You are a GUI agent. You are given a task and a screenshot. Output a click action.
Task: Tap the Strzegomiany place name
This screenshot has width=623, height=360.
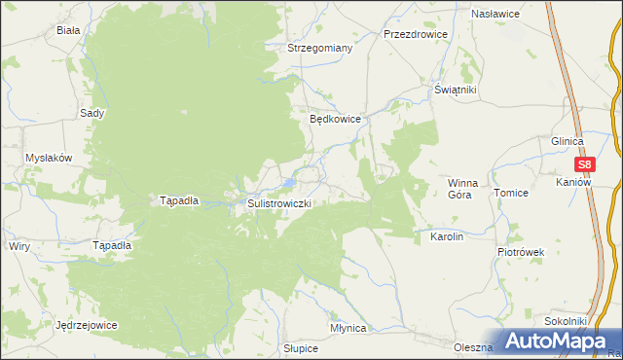[319, 47]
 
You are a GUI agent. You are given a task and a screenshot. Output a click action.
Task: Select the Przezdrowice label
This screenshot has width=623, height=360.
[415, 33]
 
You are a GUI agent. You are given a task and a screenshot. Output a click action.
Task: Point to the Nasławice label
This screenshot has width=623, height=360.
[495, 15]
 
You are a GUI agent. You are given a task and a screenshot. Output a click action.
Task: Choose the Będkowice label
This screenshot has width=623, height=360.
[335, 119]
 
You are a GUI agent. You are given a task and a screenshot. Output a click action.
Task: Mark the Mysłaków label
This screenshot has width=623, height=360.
[49, 158]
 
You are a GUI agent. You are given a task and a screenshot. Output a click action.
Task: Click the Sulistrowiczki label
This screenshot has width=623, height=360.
[278, 203]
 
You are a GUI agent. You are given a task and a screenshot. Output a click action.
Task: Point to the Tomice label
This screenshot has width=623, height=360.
[510, 193]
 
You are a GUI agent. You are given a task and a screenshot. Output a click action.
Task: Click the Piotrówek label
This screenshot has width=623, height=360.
[521, 252]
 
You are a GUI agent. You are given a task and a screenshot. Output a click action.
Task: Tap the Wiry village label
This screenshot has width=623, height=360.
[19, 246]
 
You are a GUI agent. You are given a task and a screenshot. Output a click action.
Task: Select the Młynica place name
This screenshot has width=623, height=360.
[348, 328]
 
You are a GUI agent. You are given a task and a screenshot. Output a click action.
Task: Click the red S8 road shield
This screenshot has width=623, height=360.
[584, 165]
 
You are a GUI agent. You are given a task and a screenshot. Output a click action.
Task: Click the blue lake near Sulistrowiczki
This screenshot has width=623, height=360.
[290, 182]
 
